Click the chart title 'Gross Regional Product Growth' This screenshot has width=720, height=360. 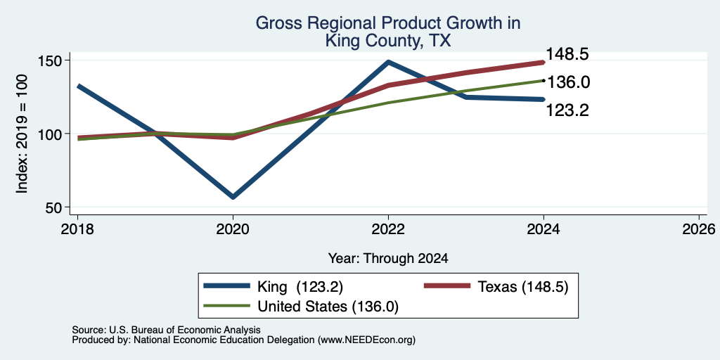point(388,23)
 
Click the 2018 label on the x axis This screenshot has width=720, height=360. point(77,229)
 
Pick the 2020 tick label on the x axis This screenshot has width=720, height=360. point(233,229)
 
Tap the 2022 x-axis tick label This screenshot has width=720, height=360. point(388,229)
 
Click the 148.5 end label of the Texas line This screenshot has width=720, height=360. point(567,54)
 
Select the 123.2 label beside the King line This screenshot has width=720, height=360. point(567,110)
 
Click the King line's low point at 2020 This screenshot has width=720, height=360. point(233,197)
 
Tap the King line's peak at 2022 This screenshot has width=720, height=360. point(388,62)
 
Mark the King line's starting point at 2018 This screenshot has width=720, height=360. point(79,86)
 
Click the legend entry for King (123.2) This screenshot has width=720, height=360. point(274,287)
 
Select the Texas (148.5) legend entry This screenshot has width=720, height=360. point(496,287)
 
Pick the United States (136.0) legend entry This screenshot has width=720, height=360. point(301,307)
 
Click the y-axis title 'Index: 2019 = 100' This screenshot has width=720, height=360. point(22,134)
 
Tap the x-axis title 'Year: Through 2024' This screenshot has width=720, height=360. point(388,259)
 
